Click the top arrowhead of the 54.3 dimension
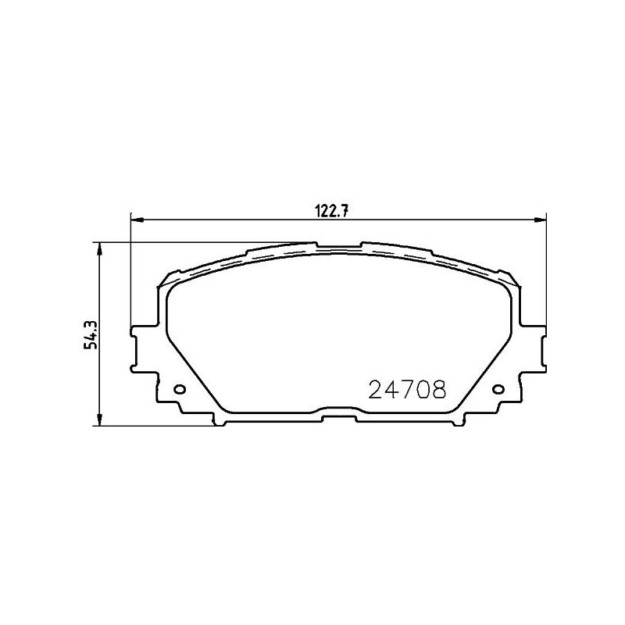coord(99,247)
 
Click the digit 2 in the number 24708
coord(375,388)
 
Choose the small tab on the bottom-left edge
coord(221,422)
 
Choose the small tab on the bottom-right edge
coord(455,422)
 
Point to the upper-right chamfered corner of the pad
coord(509,278)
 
